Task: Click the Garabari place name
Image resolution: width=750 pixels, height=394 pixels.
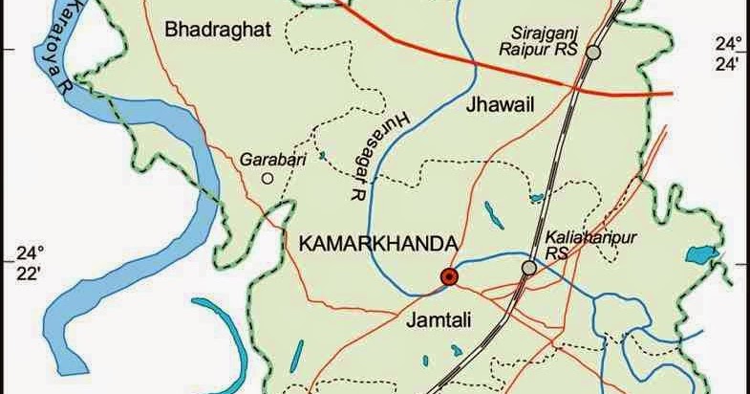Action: tap(273, 160)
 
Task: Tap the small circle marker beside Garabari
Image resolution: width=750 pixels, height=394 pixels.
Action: tap(268, 178)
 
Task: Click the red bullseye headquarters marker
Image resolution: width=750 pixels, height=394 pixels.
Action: tap(449, 277)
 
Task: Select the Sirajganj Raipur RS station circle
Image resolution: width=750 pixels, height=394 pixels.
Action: tap(593, 54)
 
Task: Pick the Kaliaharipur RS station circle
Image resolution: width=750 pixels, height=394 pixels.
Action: tap(528, 269)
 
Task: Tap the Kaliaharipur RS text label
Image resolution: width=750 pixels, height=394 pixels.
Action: tap(578, 243)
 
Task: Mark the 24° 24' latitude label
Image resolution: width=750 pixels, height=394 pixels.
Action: tap(729, 55)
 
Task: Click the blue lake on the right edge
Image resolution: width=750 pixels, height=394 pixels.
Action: tap(702, 254)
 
